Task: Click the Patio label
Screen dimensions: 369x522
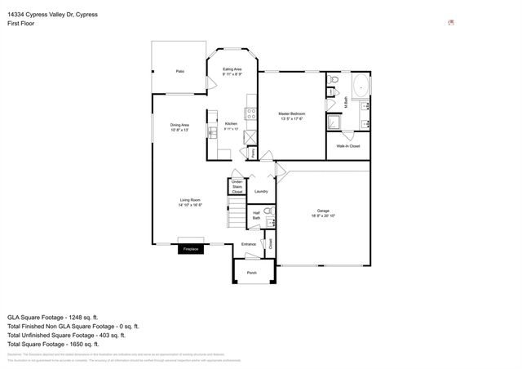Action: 179,72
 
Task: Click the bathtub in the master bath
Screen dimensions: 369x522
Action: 359,86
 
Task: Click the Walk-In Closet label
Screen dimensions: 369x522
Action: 348,146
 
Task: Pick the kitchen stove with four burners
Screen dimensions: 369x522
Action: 252,115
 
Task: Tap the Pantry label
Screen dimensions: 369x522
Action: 254,153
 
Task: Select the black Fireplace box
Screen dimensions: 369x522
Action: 191,248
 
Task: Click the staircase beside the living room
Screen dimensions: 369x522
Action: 237,216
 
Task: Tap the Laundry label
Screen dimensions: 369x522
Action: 261,191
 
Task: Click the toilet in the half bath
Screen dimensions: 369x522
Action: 272,214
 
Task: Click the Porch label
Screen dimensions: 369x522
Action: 252,272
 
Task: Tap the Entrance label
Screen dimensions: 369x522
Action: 249,244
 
